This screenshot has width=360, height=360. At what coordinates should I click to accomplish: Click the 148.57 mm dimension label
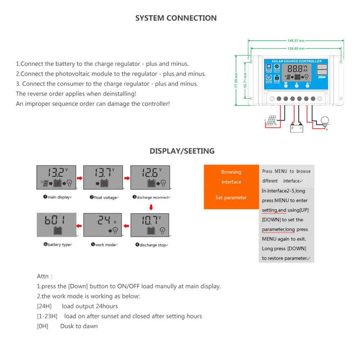click(296, 41)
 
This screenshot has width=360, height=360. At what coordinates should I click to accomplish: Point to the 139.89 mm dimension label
click(296, 48)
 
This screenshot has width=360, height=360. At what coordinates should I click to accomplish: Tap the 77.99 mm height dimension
click(236, 81)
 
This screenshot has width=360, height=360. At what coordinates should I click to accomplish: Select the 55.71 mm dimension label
click(245, 81)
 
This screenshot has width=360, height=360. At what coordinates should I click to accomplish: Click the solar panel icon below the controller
click(272, 121)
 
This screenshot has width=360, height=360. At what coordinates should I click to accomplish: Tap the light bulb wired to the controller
click(325, 121)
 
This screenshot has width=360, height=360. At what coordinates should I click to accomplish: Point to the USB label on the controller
click(322, 77)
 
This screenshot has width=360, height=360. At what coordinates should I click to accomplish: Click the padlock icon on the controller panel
click(277, 77)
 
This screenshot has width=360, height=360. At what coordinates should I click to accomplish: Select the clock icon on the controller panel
click(269, 77)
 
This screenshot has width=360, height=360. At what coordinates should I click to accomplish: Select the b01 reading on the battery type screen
click(55, 220)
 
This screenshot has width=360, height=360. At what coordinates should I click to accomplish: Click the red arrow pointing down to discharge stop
click(151, 207)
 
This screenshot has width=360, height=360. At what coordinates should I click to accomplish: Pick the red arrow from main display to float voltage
click(80, 178)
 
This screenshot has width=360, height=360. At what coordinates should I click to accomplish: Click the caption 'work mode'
click(105, 245)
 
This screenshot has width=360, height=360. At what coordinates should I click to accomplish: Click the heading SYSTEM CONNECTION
click(176, 18)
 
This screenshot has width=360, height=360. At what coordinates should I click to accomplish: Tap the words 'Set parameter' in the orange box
click(231, 198)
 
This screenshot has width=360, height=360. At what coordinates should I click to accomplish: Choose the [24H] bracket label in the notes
click(44, 306)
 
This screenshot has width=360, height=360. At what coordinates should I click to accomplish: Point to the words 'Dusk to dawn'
click(79, 326)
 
